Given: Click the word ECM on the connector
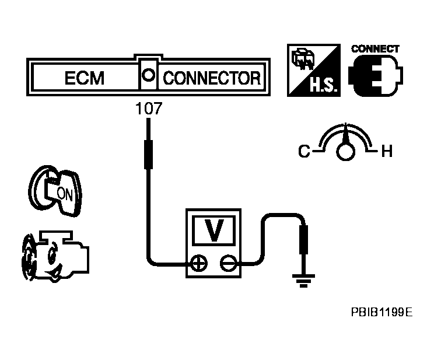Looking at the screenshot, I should pyautogui.click(x=85, y=78).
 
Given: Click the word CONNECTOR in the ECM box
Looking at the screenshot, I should pyautogui.click(x=212, y=78).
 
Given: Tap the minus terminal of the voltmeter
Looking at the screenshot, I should pyautogui.click(x=228, y=263).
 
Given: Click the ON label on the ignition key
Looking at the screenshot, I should pyautogui.click(x=64, y=194).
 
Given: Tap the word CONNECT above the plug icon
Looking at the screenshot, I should pyautogui.click(x=375, y=48).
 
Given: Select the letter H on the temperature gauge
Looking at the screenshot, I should pyautogui.click(x=386, y=153).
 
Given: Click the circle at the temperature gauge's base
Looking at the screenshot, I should pyautogui.click(x=345, y=152).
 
